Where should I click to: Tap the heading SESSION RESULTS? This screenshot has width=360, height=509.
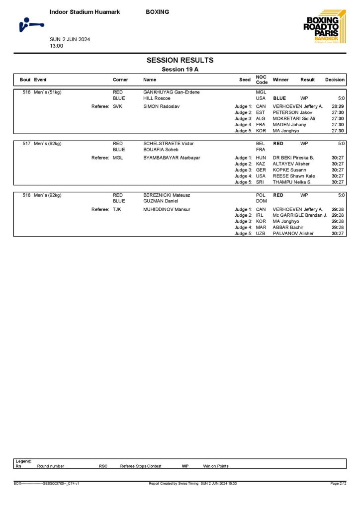tap(180, 60)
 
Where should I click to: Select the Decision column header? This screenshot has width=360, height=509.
tap(335, 80)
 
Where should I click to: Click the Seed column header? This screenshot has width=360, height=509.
tap(245, 80)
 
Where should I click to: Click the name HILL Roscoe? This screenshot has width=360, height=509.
tap(157, 98)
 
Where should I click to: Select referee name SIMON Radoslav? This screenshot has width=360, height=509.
tap(161, 106)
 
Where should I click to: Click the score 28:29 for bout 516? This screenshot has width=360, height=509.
tap(338, 106)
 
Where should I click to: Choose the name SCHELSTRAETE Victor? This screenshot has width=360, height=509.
tap(168, 144)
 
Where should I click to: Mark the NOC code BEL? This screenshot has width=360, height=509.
tap(261, 144)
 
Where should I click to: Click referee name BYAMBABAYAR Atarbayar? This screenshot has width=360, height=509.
tap(172, 158)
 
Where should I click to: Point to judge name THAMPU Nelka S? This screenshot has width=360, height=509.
tap(292, 182)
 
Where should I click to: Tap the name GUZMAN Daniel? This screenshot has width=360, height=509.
tap(161, 201)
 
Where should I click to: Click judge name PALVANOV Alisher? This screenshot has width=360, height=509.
tap(293, 233)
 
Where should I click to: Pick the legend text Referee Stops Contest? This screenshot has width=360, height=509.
tap(141, 466)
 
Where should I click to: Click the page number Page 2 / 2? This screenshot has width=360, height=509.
tap(338, 483)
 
